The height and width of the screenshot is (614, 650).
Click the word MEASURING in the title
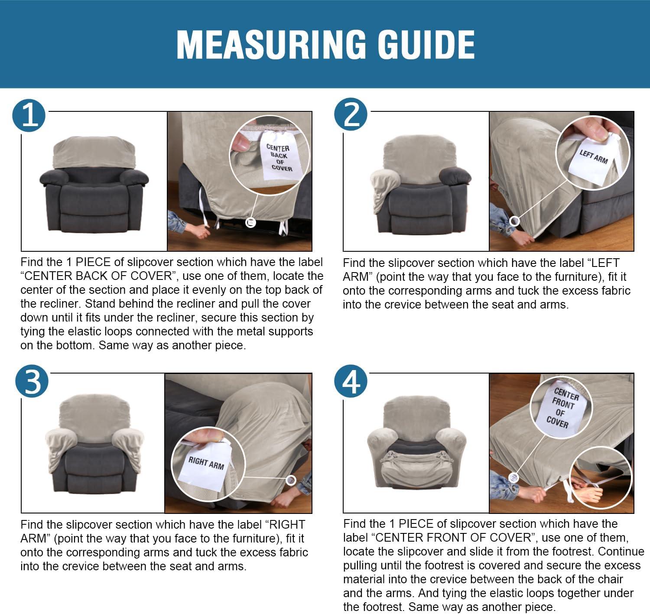pyautogui.click(x=271, y=45)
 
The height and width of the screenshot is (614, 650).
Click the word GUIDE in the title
pyautogui.click(x=426, y=45)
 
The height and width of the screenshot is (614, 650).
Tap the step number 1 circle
pyautogui.click(x=29, y=115)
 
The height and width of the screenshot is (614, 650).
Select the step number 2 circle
pyautogui.click(x=351, y=114)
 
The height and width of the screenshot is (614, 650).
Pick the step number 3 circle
pyautogui.click(x=32, y=381)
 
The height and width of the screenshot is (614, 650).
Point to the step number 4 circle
pyautogui.click(x=351, y=381)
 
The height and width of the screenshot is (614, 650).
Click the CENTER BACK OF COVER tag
pyautogui.click(x=280, y=156)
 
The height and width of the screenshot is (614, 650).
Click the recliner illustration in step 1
pyautogui.click(x=94, y=185)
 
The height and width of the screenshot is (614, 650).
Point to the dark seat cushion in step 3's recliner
pyautogui.click(x=94, y=460)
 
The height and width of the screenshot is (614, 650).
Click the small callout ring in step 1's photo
pyautogui.click(x=251, y=223)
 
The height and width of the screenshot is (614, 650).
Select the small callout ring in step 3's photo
pyautogui.click(x=291, y=480)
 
